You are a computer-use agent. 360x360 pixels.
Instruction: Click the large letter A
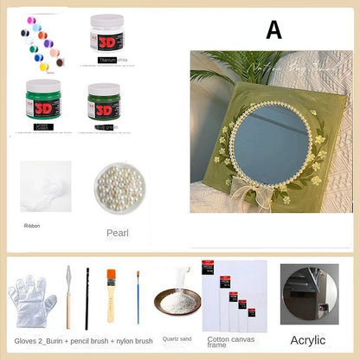273,30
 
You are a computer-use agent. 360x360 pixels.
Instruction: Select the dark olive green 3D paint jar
104,102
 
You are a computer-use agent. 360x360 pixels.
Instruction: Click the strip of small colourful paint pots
40,42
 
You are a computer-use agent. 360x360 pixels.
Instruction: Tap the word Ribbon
33,225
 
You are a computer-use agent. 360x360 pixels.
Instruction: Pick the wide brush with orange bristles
112,294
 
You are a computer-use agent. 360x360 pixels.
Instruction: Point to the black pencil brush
87,299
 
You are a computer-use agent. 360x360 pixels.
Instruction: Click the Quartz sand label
177,338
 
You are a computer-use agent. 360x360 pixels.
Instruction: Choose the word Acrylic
309,340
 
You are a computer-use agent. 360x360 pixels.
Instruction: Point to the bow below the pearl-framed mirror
263,191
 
